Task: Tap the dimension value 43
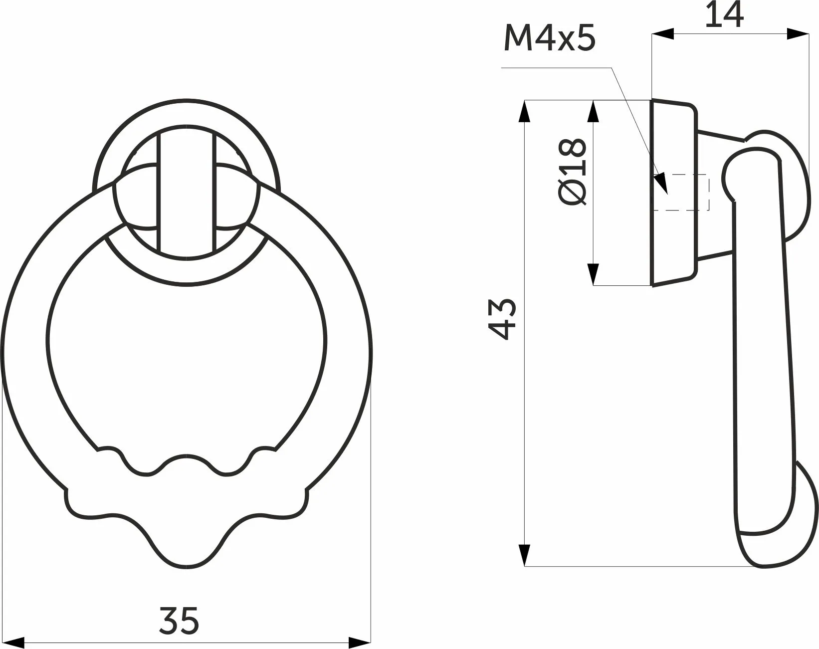502,319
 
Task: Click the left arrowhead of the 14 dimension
662,34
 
